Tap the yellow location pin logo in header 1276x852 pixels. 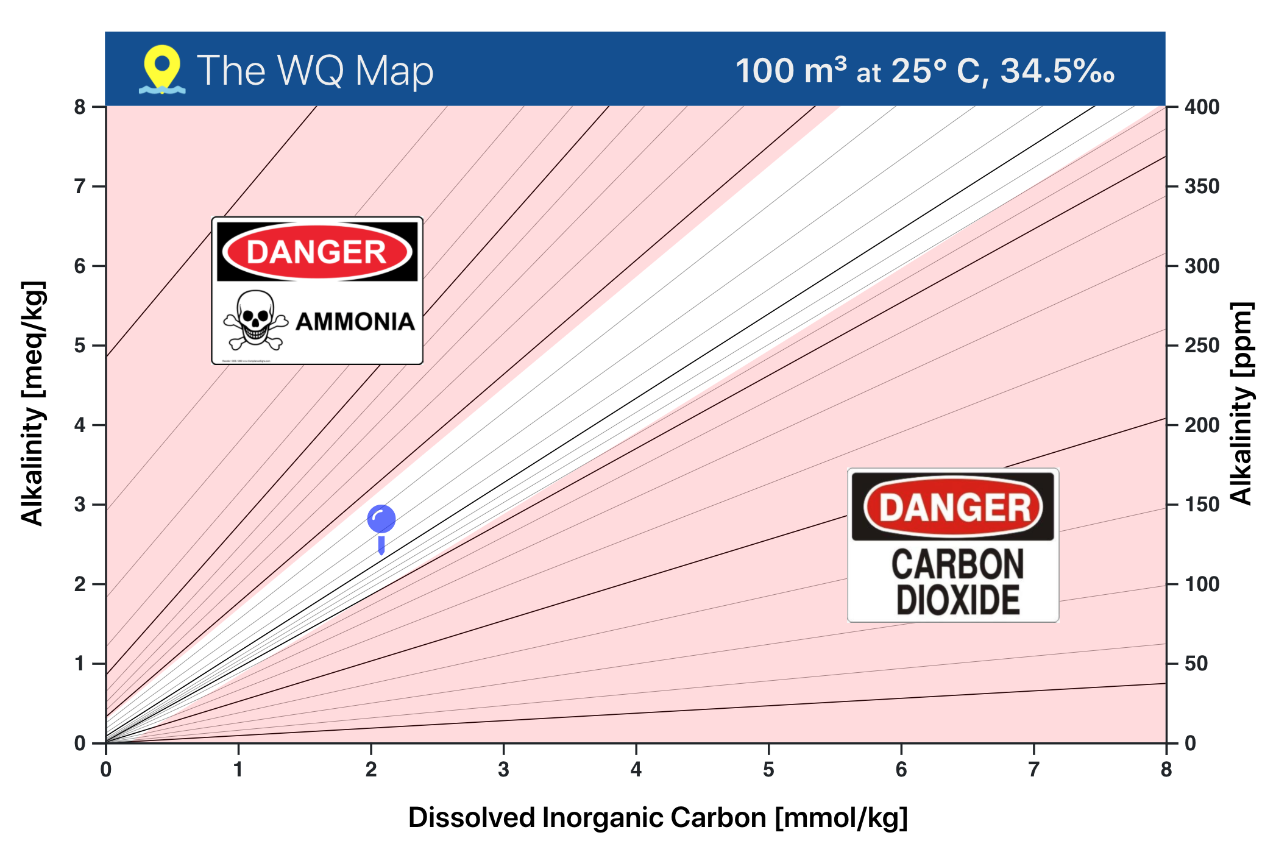162,68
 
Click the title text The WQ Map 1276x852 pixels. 315,71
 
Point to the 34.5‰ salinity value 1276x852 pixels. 1057,71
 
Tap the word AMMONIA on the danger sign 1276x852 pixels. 355,322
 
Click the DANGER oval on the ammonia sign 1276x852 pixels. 317,252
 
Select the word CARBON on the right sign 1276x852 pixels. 957,564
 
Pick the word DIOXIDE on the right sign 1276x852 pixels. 957,600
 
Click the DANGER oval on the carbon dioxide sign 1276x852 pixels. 953,507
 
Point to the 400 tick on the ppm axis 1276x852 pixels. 1202,107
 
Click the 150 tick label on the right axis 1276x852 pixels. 1202,505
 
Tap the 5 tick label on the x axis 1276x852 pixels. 768,770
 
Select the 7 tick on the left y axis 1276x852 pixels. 80,186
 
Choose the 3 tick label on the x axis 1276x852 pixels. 503,770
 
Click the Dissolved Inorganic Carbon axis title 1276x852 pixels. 657,818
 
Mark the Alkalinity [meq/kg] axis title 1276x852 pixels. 33,403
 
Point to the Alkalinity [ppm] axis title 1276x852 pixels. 1242,403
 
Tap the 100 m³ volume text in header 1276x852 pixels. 790,71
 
